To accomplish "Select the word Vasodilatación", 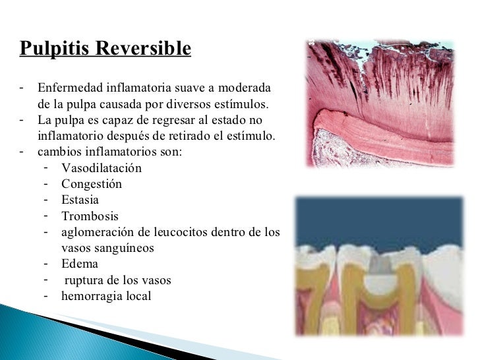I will point(102,167).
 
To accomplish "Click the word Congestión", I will point(92,184).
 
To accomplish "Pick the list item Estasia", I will point(80,200).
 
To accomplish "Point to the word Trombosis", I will point(90,216).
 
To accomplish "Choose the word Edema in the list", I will point(80,264).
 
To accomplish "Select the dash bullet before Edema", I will point(48,264).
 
